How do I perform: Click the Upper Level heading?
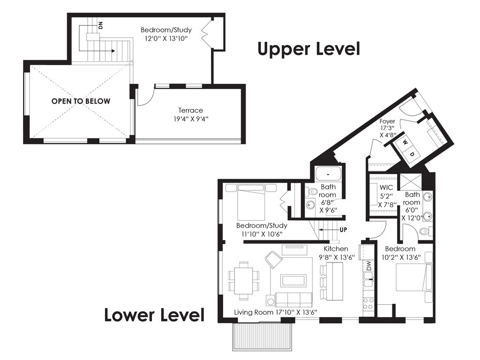308,49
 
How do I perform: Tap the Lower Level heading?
154,315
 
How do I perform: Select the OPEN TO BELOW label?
81,101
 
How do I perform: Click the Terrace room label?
191,110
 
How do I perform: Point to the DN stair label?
101,25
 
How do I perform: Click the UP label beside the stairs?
344,230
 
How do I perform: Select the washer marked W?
405,142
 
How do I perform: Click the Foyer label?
387,121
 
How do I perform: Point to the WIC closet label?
386,187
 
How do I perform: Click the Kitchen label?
336,249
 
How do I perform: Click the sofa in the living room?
293,300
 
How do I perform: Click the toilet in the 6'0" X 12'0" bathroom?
426,231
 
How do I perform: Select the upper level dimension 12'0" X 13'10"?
166,38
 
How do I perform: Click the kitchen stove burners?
368,303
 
